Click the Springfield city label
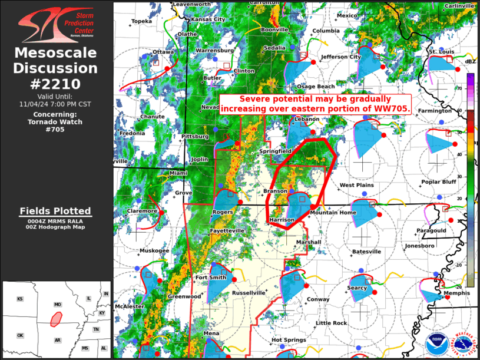(275, 151)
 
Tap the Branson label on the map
(275, 191)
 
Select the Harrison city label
(282, 220)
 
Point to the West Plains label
(356, 185)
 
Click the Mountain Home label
(333, 212)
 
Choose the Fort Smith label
(211, 278)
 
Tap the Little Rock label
(331, 323)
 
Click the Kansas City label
(208, 19)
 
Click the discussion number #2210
(56, 84)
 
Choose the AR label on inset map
(58, 340)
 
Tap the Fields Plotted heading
(56, 211)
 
